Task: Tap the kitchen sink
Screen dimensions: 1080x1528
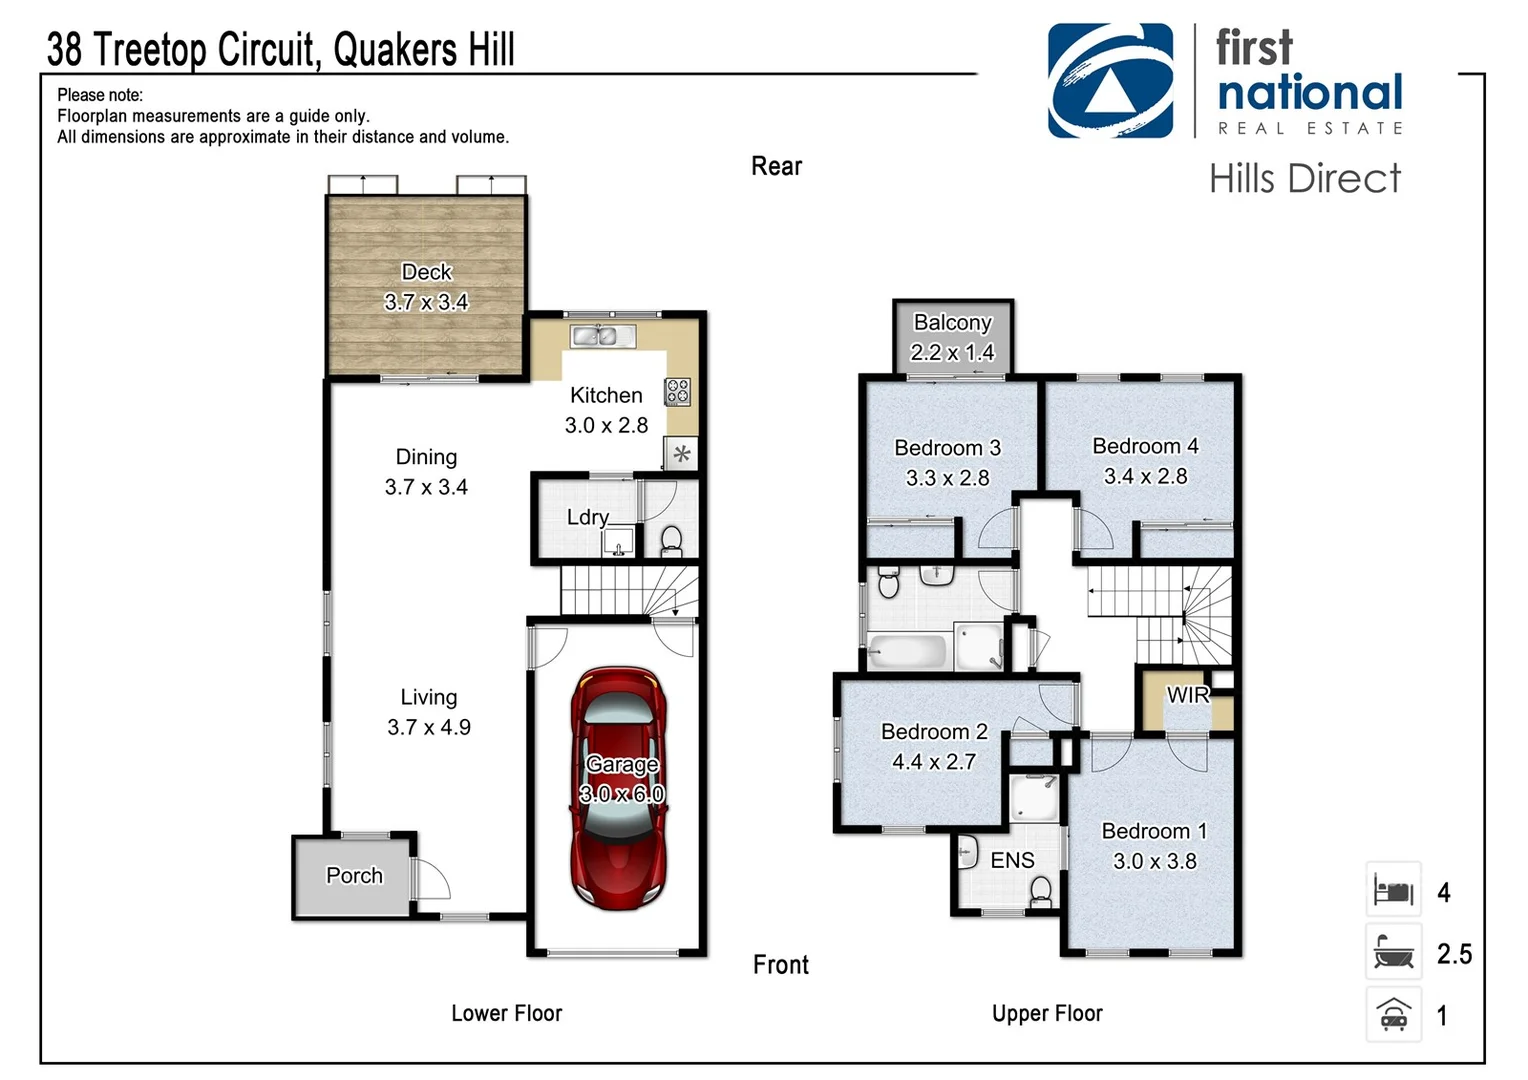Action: pyautogui.click(x=602, y=336)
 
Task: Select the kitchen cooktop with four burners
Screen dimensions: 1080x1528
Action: pyautogui.click(x=678, y=391)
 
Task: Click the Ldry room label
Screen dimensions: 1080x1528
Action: pyautogui.click(x=587, y=517)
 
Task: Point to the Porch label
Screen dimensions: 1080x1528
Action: pyautogui.click(x=354, y=876)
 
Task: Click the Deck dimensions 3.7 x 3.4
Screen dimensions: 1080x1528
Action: pyautogui.click(x=426, y=302)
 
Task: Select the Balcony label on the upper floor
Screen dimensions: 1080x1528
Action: pyautogui.click(x=952, y=323)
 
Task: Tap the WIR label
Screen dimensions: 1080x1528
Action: pyautogui.click(x=1187, y=695)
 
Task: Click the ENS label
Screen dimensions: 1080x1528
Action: pyautogui.click(x=1012, y=861)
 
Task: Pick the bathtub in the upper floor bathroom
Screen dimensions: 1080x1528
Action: pyautogui.click(x=907, y=651)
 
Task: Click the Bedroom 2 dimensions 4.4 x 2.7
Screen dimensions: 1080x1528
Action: pyautogui.click(x=933, y=762)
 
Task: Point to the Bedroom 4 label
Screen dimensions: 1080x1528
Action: pyautogui.click(x=1145, y=446)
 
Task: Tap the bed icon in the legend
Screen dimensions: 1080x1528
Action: pyautogui.click(x=1393, y=889)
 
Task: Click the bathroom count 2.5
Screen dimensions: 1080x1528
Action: pyautogui.click(x=1453, y=954)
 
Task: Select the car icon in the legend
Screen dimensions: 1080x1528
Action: pyautogui.click(x=1393, y=1014)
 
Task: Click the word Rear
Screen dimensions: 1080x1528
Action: pyautogui.click(x=776, y=166)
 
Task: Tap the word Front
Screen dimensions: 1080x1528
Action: pyautogui.click(x=780, y=965)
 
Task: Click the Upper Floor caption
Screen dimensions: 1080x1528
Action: pyautogui.click(x=1046, y=1013)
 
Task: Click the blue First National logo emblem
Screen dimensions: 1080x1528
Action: pyautogui.click(x=1110, y=81)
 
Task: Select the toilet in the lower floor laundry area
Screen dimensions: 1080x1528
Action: pyautogui.click(x=671, y=541)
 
